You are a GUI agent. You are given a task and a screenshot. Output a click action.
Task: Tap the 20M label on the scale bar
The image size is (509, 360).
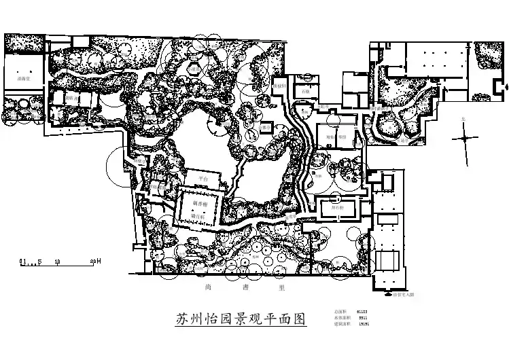point(95,261)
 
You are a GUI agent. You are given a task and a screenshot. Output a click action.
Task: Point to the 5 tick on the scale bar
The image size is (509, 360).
point(39,261)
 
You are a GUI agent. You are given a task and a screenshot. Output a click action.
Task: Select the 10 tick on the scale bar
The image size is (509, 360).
point(57,261)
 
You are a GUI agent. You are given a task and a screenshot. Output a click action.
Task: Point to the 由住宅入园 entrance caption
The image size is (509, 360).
point(402,295)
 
